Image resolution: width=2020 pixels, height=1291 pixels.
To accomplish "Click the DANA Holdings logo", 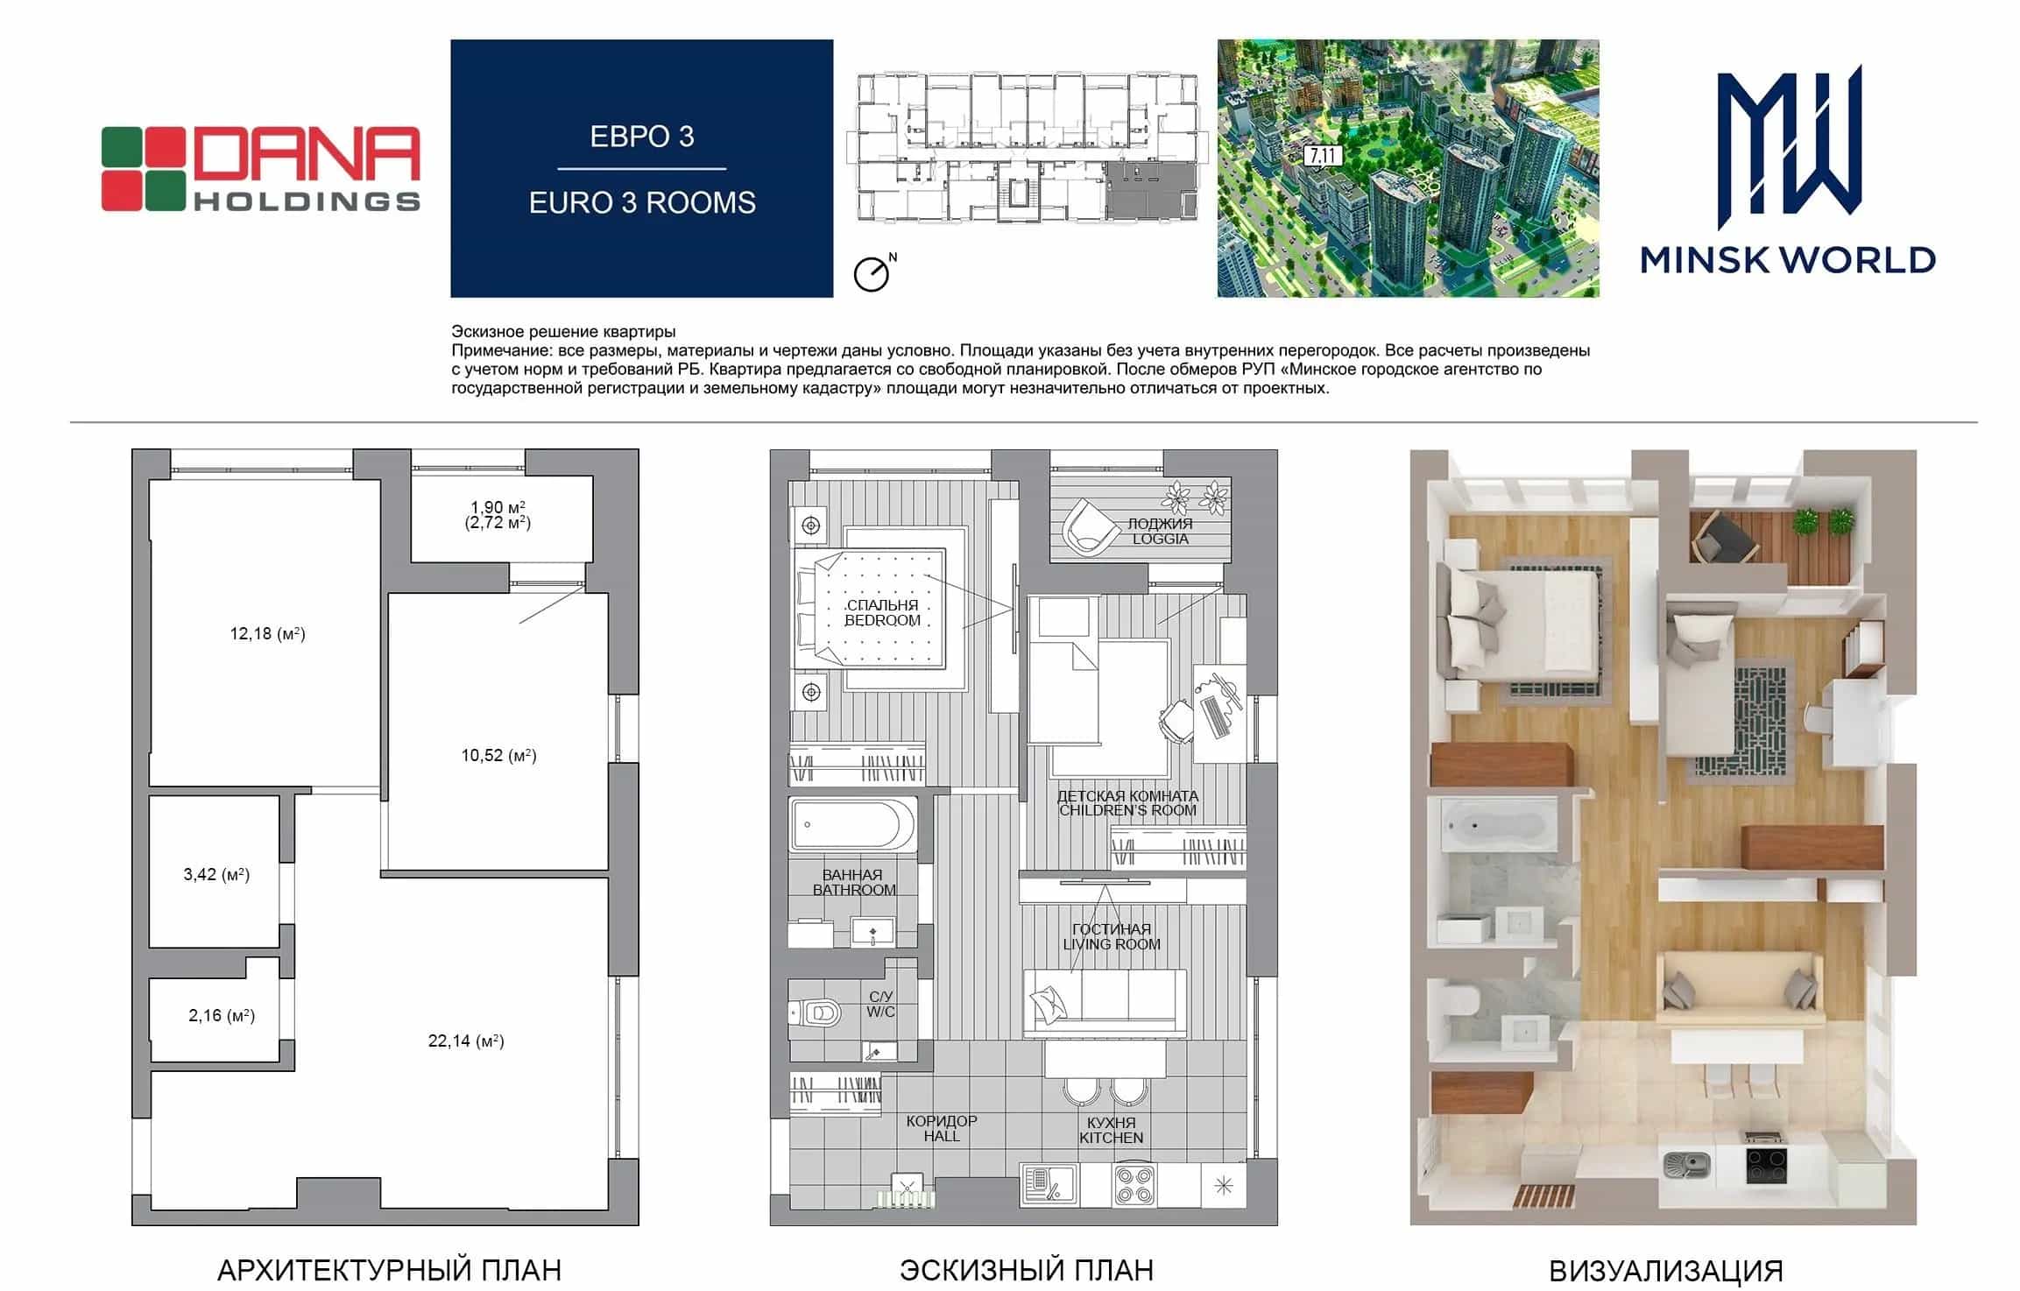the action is click(x=261, y=169).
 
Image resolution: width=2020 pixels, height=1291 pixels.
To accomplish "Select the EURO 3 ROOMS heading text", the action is click(x=642, y=202).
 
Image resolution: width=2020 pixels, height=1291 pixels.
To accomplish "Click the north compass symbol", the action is click(x=874, y=272).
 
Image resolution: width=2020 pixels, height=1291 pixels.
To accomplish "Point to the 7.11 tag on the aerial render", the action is click(x=1322, y=156).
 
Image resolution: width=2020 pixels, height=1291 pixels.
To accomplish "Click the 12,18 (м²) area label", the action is click(x=267, y=633).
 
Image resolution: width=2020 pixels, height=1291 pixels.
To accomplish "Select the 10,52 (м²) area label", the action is click(x=498, y=755).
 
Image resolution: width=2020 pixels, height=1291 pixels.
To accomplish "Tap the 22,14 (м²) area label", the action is click(x=466, y=1041).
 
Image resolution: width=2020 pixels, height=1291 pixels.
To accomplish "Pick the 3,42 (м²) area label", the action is click(x=216, y=874).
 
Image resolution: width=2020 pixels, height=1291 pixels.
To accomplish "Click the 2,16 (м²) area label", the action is click(x=222, y=1016).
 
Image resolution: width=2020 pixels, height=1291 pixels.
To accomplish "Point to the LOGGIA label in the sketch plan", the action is click(x=1161, y=539).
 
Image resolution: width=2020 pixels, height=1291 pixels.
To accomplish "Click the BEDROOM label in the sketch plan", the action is click(x=882, y=620).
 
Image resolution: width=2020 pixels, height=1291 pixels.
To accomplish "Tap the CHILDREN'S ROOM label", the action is click(x=1127, y=810).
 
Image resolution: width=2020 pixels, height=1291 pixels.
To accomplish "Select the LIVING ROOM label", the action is click(x=1112, y=944).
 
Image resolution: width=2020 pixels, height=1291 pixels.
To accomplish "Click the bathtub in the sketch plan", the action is click(x=852, y=824).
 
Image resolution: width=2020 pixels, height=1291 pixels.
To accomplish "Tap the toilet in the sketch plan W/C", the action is click(x=816, y=1013).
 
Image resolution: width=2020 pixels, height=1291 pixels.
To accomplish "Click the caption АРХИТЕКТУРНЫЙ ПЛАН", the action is click(x=389, y=1270).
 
